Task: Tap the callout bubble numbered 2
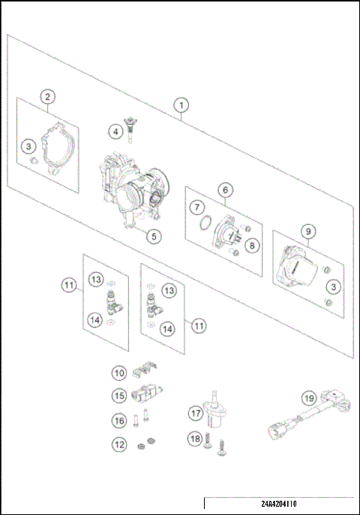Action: coord(47,97)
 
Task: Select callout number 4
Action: coord(115,132)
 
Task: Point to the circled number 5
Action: coord(152,236)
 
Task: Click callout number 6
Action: coord(224,190)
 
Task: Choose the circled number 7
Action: coord(195,208)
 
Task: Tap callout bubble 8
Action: coord(251,244)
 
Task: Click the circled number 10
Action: coord(119,372)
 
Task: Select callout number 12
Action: coord(119,444)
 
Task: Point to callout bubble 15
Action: coord(119,395)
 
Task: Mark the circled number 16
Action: coord(119,420)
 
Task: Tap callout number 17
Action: coord(195,412)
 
